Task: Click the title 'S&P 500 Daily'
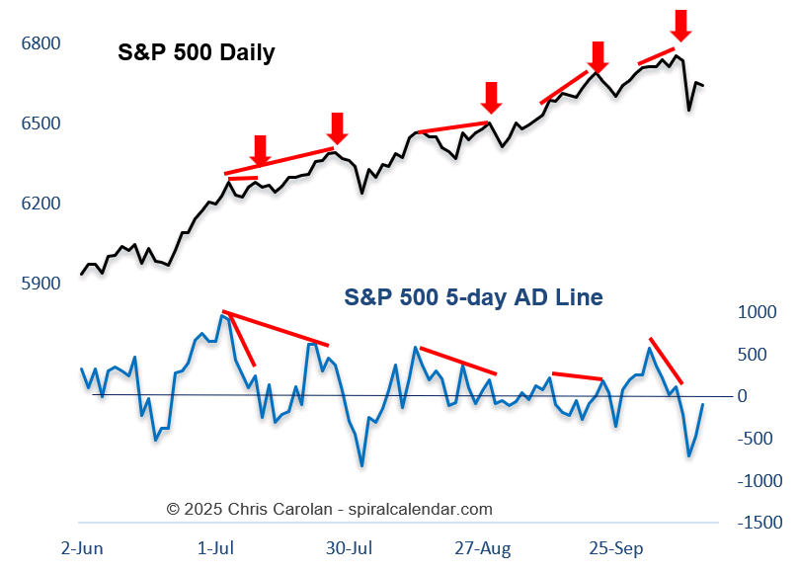click(196, 53)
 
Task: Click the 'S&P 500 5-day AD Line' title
click(473, 296)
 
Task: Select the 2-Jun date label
click(82, 548)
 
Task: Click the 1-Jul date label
click(216, 548)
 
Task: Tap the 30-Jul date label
click(351, 548)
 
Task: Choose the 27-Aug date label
click(481, 548)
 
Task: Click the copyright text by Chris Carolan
click(329, 510)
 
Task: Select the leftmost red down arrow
click(260, 150)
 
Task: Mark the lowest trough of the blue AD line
click(361, 465)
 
